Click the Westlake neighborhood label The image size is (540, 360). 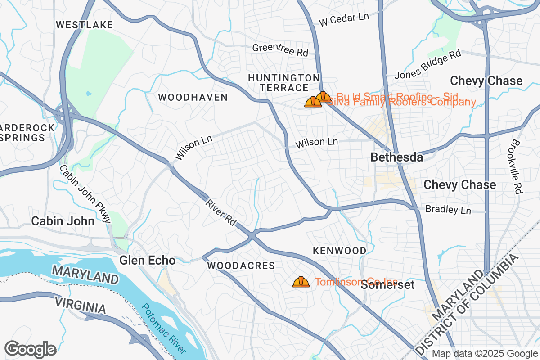click(85, 25)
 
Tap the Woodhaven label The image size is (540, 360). click(193, 97)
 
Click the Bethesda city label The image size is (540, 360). click(396, 157)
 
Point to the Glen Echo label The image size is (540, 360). click(147, 260)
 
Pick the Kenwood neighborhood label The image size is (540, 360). click(340, 251)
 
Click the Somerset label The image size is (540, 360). click(387, 285)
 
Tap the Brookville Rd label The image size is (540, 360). click(516, 166)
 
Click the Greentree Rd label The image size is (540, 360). click(280, 50)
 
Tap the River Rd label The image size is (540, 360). click(221, 211)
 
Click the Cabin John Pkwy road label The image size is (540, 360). click(85, 194)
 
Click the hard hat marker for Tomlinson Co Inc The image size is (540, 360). click(301, 282)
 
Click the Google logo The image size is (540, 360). click(31, 349)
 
